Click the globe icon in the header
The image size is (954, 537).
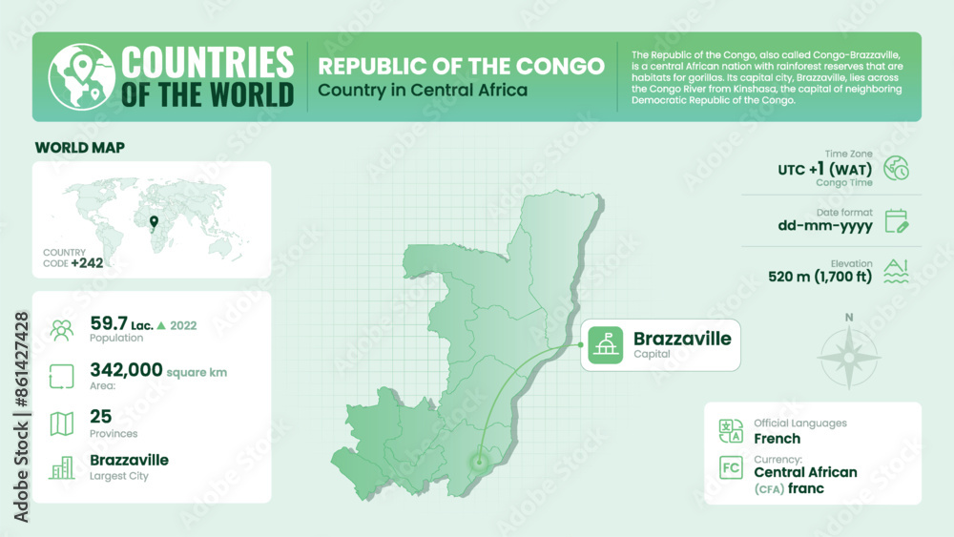pos(78,76)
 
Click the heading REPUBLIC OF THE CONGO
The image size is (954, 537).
pos(461,66)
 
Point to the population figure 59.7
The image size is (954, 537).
pos(109,323)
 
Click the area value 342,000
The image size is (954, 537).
pos(126,370)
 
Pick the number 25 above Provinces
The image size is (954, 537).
pos(100,416)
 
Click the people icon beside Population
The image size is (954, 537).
pos(62,330)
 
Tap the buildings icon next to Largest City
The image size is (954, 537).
pos(62,467)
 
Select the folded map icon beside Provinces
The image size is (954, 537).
pos(62,423)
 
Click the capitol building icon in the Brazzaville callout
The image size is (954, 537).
pos(604,344)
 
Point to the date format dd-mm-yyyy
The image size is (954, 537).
pos(824,227)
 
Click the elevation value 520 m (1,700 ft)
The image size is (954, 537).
pos(819,278)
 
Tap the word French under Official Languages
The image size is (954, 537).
pos(777,439)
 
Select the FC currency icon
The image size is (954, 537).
pos(732,468)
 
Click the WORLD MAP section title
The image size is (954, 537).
pos(80,147)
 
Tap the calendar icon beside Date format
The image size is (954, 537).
pos(896,220)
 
